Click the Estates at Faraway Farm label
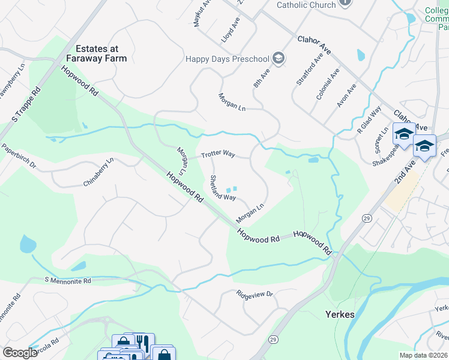pyautogui.click(x=101, y=53)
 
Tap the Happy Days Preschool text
pyautogui.click(x=228, y=58)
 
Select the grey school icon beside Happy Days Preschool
pyautogui.click(x=278, y=58)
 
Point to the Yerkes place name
pyautogui.click(x=340, y=314)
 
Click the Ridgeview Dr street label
pyautogui.click(x=255, y=295)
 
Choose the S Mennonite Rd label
pyautogui.click(x=68, y=280)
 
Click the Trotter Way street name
pyautogui.click(x=217, y=154)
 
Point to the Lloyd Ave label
pyautogui.click(x=231, y=29)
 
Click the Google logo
pyautogui.click(x=20, y=353)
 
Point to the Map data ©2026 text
pyautogui.click(x=424, y=355)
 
